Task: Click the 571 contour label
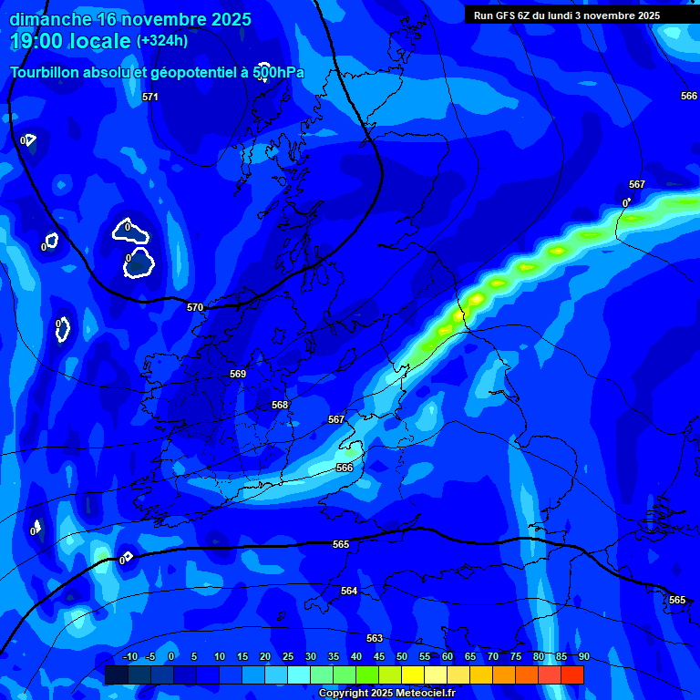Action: tap(150, 97)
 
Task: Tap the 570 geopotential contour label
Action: tap(195, 307)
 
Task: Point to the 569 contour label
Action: tap(238, 374)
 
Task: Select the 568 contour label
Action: tap(280, 405)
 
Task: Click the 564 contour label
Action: tap(349, 591)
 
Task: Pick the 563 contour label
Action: tap(375, 638)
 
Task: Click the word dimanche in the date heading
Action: tap(50, 19)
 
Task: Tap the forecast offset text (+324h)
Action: tap(162, 40)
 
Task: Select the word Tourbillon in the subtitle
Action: tap(46, 72)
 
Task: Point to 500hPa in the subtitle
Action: tap(278, 72)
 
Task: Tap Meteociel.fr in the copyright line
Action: tap(420, 693)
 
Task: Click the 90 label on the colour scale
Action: tap(583, 656)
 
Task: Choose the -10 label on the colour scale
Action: tap(130, 656)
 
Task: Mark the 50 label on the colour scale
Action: tap(401, 656)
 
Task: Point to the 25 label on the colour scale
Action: tap(287, 656)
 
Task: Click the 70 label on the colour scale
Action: tap(492, 656)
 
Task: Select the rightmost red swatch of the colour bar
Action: tap(571, 674)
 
